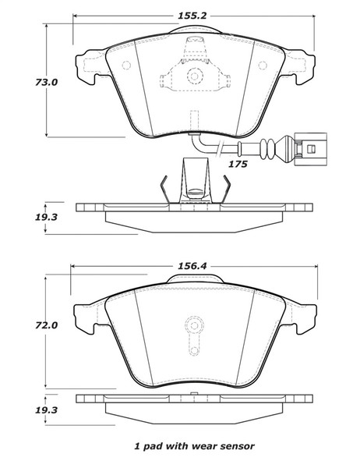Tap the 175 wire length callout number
point(238,165)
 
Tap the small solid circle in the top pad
point(191,77)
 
